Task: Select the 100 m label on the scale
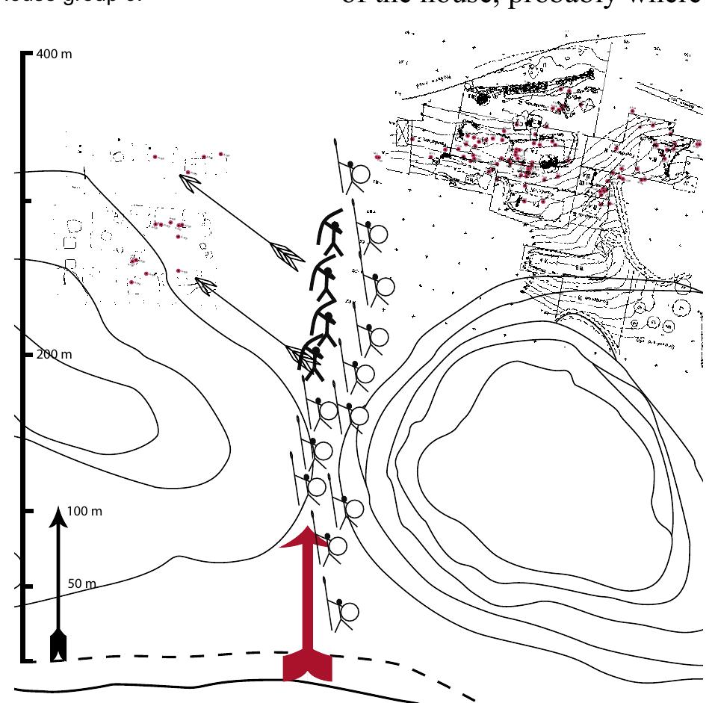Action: click(x=84, y=512)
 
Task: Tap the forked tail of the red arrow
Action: click(x=307, y=668)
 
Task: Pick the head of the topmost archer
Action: click(x=337, y=226)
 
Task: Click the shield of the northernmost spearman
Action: click(x=358, y=174)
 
